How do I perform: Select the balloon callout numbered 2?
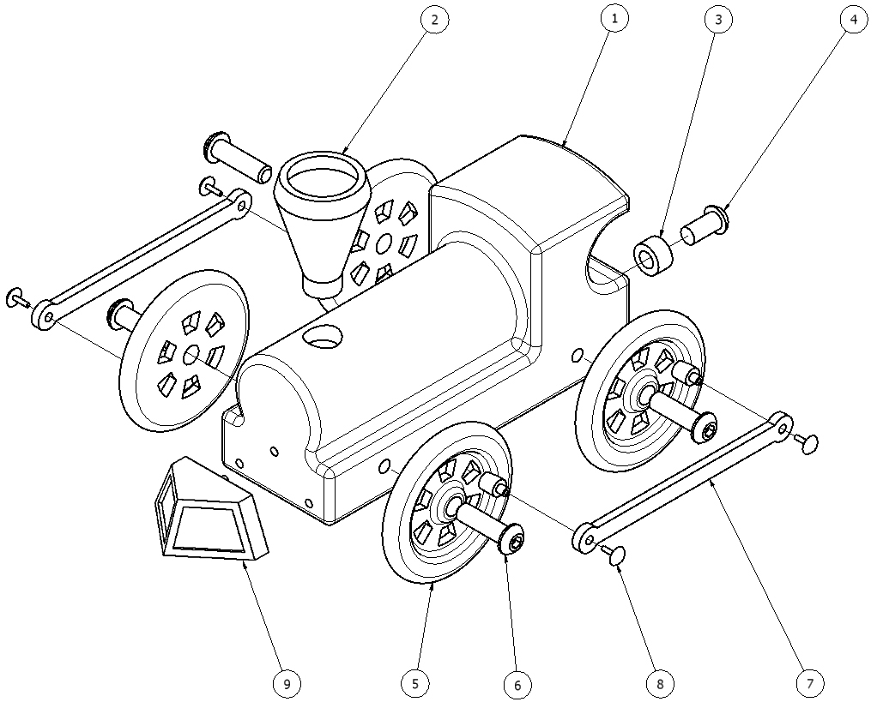pyautogui.click(x=435, y=19)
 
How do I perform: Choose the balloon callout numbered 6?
pyautogui.click(x=517, y=684)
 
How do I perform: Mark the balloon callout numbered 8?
pyautogui.click(x=659, y=683)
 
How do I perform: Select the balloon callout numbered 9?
pyautogui.click(x=287, y=683)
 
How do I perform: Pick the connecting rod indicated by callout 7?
pyautogui.click(x=686, y=480)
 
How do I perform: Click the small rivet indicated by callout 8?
pyautogui.click(x=614, y=556)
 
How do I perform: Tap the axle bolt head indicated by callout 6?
pyautogui.click(x=514, y=541)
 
